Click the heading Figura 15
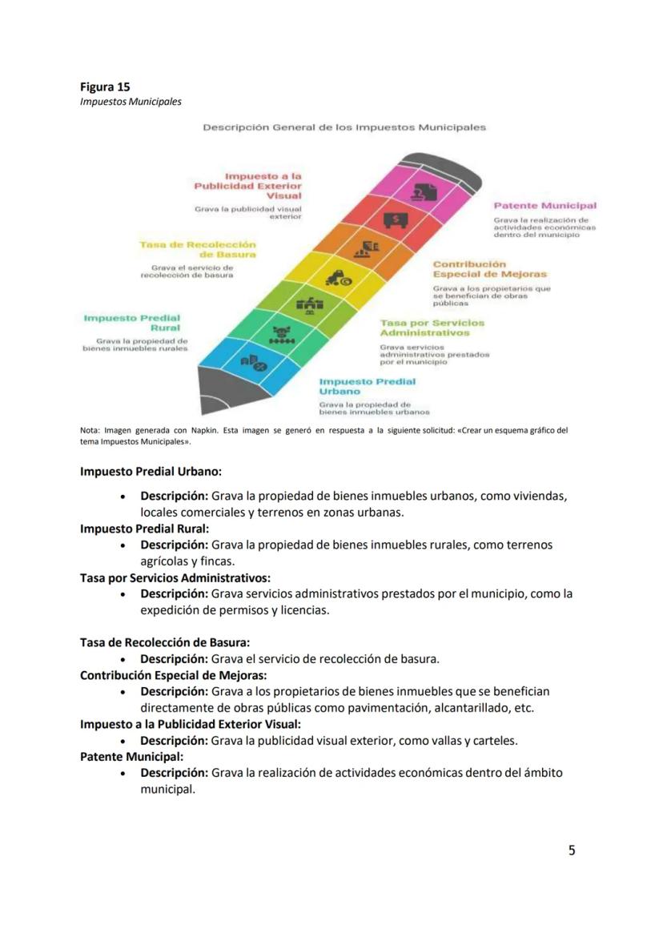(x=105, y=86)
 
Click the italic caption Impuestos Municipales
(x=131, y=102)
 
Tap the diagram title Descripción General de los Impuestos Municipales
(x=344, y=127)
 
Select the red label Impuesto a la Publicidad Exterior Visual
(x=248, y=185)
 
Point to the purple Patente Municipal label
(x=544, y=206)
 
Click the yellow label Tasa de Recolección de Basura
(x=198, y=249)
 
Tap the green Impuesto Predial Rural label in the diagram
(x=132, y=323)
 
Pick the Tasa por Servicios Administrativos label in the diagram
(x=432, y=328)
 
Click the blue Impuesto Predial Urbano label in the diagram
(x=368, y=387)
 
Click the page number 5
(x=572, y=851)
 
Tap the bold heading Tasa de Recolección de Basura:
(x=165, y=642)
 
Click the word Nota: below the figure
(x=90, y=431)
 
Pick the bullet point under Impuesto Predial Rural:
(x=123, y=545)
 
